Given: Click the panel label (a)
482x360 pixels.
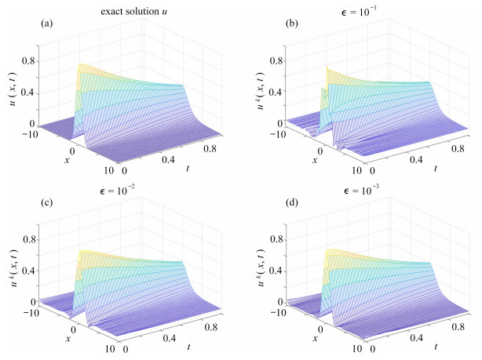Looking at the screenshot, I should pyautogui.click(x=46, y=24).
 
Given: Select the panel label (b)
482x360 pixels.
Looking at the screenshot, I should pyautogui.click(x=290, y=24).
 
